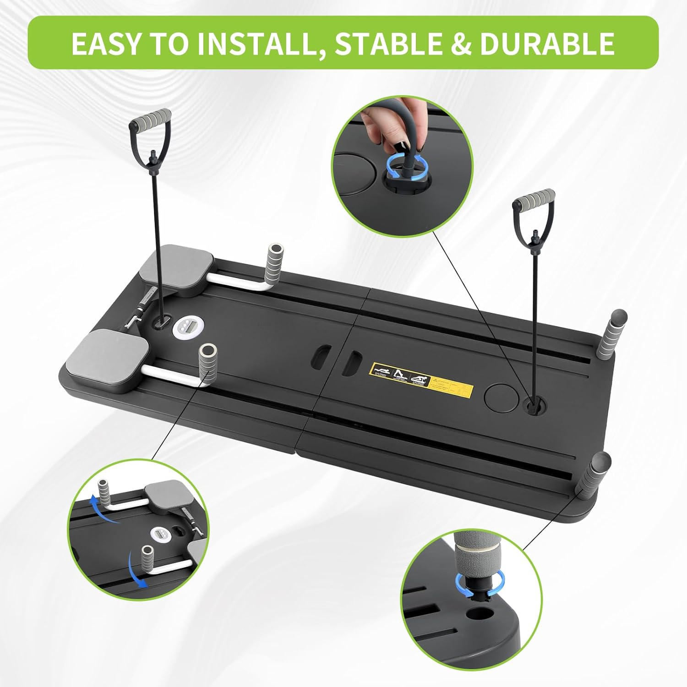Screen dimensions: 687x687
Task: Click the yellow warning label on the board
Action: pyautogui.click(x=421, y=379)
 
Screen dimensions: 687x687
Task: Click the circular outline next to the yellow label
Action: pyautogui.click(x=501, y=397)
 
